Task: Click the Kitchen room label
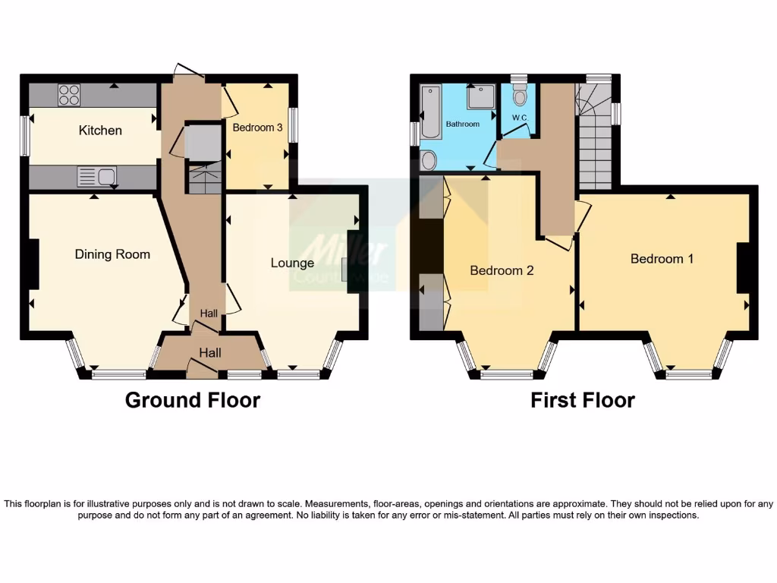point(100,131)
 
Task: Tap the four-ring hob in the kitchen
point(69,96)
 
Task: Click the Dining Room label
point(112,254)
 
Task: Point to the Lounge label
point(292,263)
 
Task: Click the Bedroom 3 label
point(257,128)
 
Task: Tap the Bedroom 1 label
point(662,259)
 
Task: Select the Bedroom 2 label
point(502,270)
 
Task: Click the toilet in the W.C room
point(520,96)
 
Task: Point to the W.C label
point(520,118)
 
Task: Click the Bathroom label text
point(462,124)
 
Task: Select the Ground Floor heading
point(192,400)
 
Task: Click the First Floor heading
point(582,400)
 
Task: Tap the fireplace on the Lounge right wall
point(346,274)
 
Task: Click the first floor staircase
point(595,144)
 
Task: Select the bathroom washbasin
point(429,160)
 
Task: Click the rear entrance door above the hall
point(188,73)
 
